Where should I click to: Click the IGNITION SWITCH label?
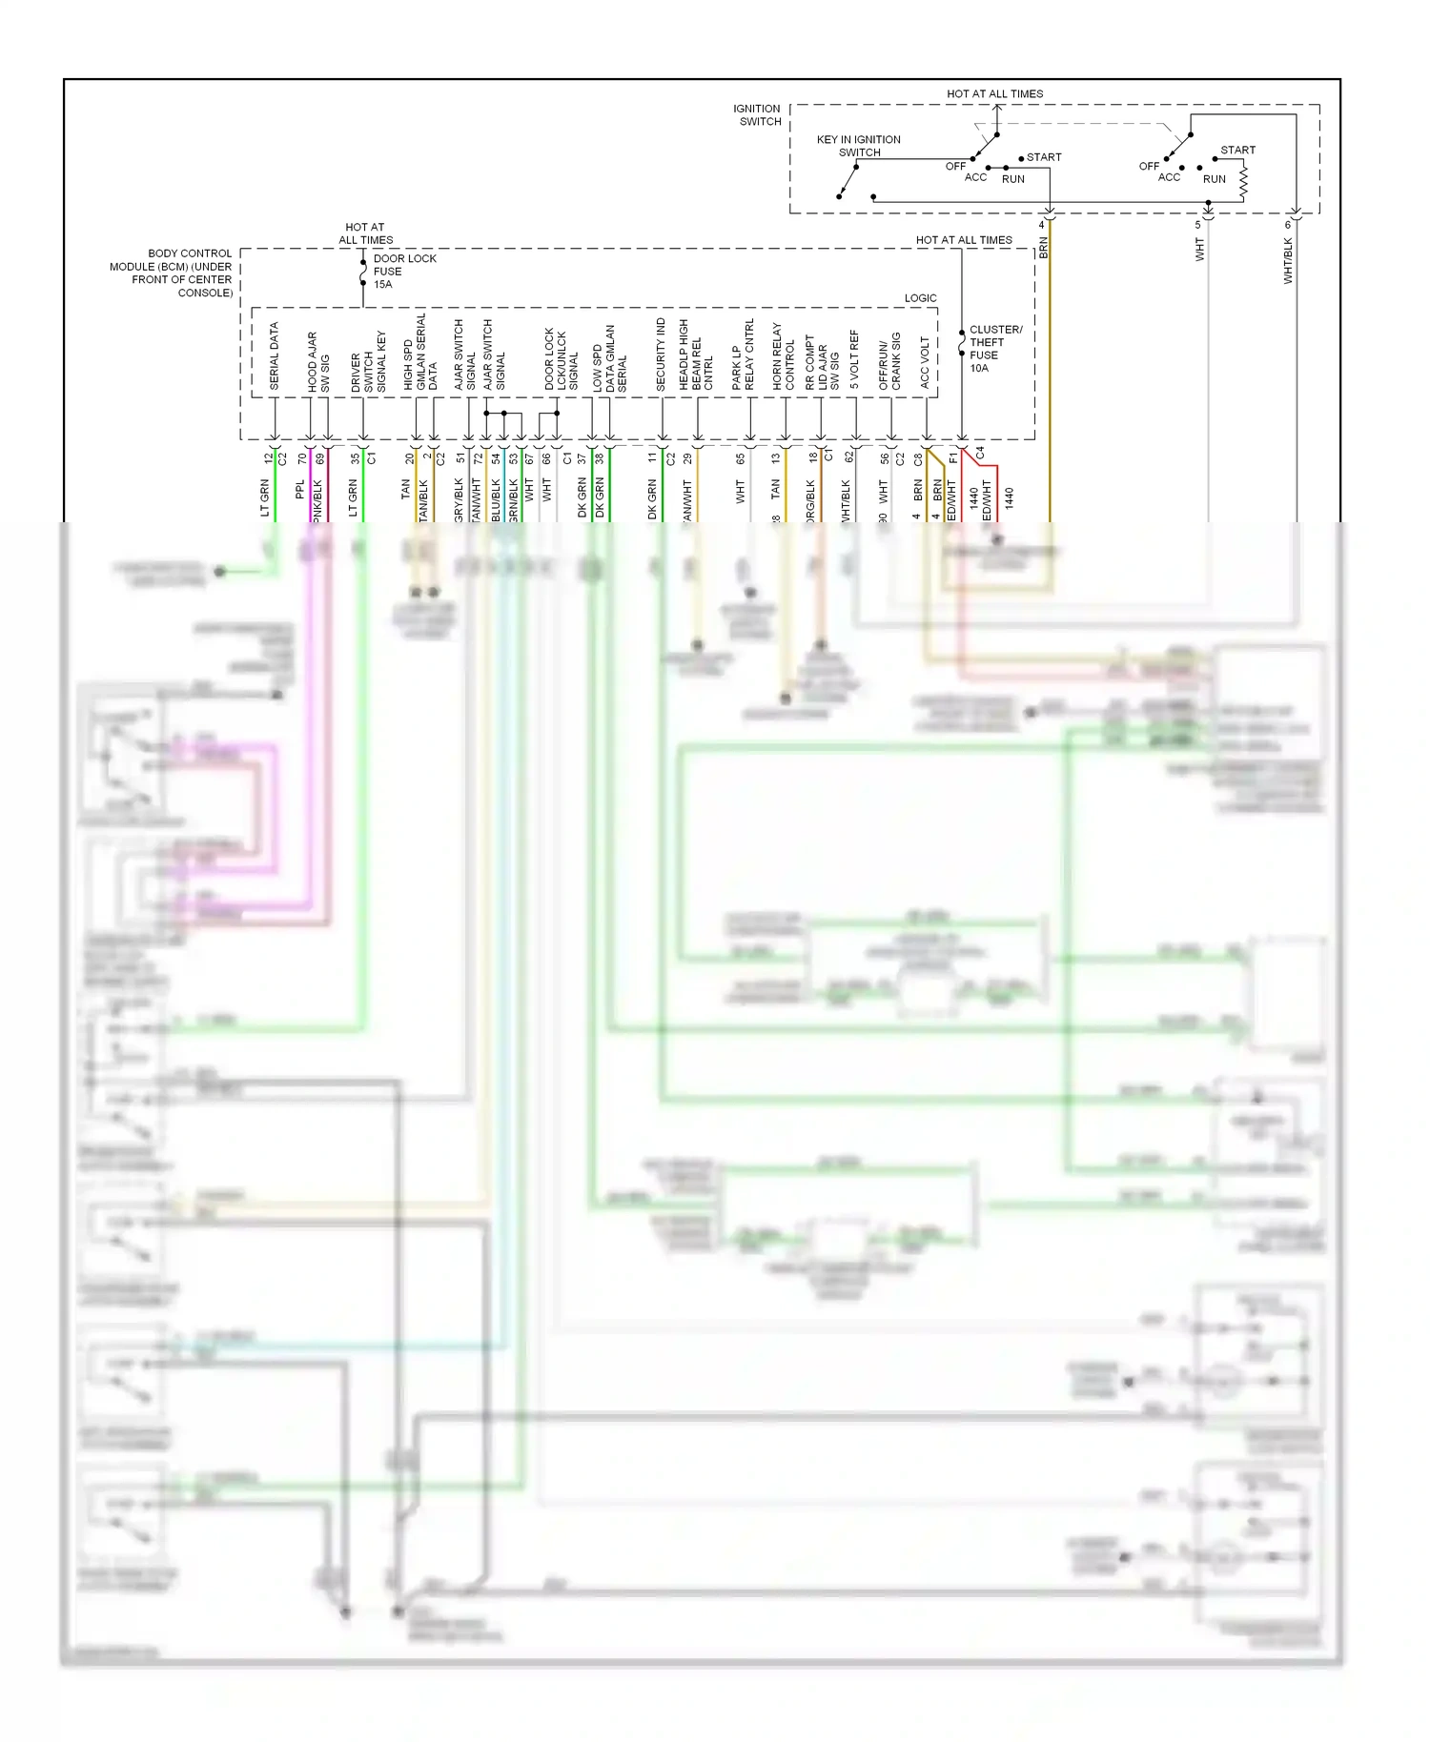tap(757, 115)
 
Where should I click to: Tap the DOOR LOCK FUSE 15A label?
tap(403, 272)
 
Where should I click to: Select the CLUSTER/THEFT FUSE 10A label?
tap(994, 349)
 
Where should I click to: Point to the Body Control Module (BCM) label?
tap(172, 273)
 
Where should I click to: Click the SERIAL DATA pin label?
tap(275, 356)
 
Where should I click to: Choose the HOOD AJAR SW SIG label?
tap(318, 362)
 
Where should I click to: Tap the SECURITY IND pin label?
tap(661, 354)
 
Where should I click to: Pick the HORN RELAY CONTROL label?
tap(784, 356)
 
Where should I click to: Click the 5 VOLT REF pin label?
tap(854, 359)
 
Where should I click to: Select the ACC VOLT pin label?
tap(925, 362)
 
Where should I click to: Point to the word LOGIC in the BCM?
tap(920, 298)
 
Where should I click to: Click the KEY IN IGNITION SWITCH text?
tap(858, 146)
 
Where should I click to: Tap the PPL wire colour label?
tap(300, 489)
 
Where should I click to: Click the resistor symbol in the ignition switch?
tap(1243, 181)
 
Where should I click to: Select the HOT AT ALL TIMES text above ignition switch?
tap(994, 94)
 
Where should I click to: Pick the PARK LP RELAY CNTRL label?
tap(743, 355)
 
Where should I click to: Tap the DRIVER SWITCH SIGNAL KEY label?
tap(368, 362)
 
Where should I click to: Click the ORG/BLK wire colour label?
tap(810, 501)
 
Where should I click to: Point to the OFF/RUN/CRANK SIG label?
tap(889, 360)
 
